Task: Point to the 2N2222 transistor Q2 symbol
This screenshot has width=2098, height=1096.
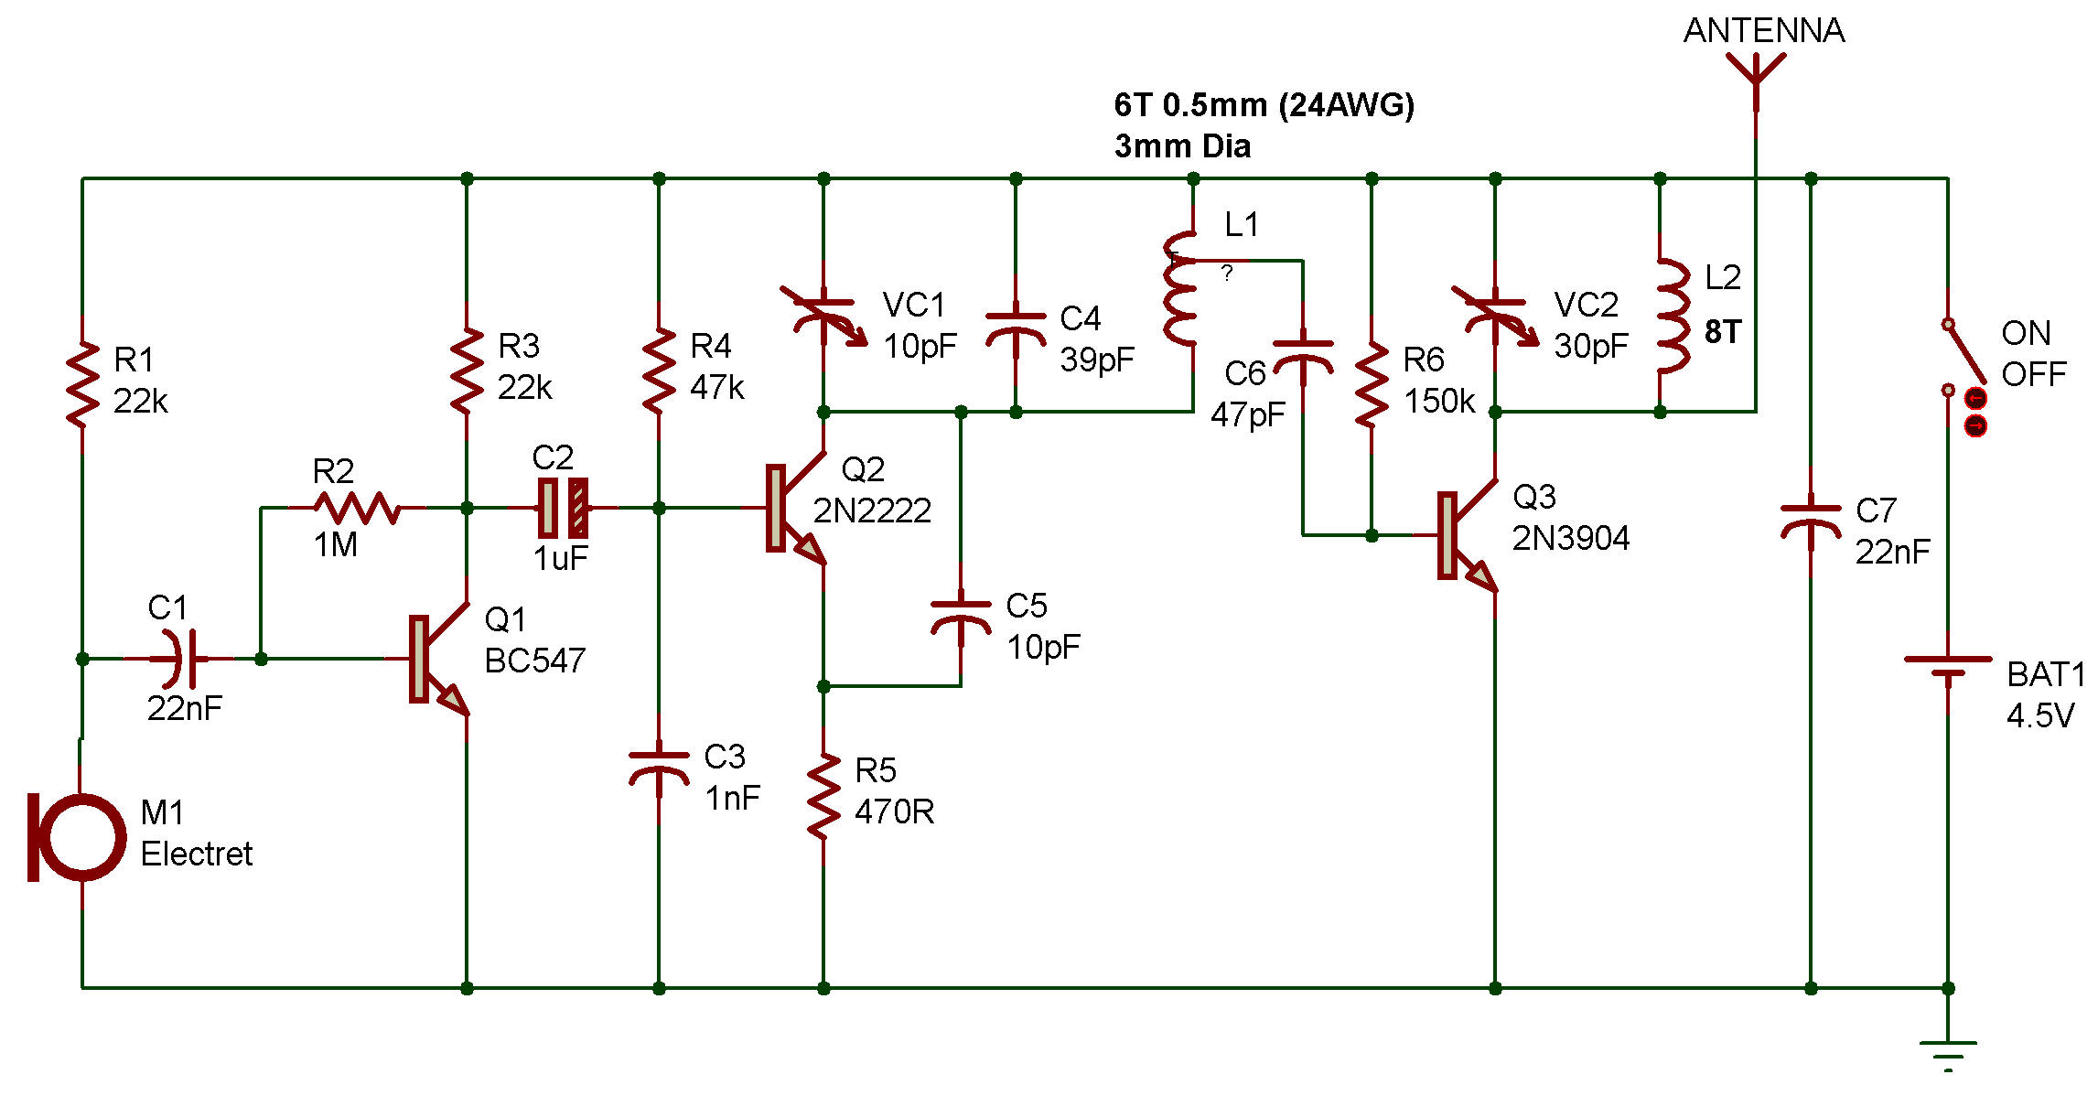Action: coord(796,509)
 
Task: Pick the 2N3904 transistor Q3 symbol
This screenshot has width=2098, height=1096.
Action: coord(1468,536)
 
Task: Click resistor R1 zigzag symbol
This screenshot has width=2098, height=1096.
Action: coord(82,384)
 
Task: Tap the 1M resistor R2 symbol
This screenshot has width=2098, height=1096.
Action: coord(357,508)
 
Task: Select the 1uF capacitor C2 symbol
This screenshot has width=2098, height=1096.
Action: coord(563,508)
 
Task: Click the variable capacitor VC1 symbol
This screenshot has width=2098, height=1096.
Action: coord(823,316)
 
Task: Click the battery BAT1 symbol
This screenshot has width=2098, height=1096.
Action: coord(1948,668)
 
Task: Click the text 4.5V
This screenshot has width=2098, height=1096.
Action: coord(2040,715)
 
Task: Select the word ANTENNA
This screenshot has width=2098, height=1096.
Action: coord(1764,30)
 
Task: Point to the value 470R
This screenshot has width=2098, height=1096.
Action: coord(895,811)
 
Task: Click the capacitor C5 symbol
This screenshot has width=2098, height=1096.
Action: coord(961,618)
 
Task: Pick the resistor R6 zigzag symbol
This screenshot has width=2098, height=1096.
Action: coord(1372,384)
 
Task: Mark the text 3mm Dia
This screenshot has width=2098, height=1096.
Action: coord(1182,146)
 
